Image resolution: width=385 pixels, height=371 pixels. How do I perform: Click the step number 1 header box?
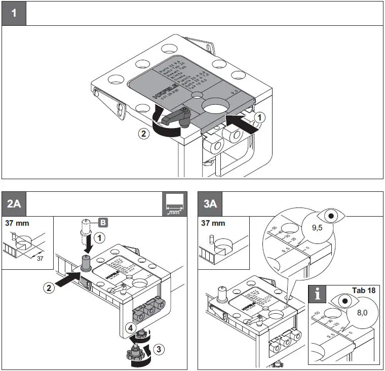(x=14, y=13)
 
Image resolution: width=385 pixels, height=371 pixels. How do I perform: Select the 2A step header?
(x=14, y=203)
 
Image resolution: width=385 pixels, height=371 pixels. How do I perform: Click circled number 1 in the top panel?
(x=259, y=116)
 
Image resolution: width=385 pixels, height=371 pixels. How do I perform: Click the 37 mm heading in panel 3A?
(x=213, y=223)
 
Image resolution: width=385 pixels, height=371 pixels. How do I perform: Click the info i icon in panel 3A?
(x=318, y=294)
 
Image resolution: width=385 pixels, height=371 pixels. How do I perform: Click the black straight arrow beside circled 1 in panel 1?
(x=240, y=123)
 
